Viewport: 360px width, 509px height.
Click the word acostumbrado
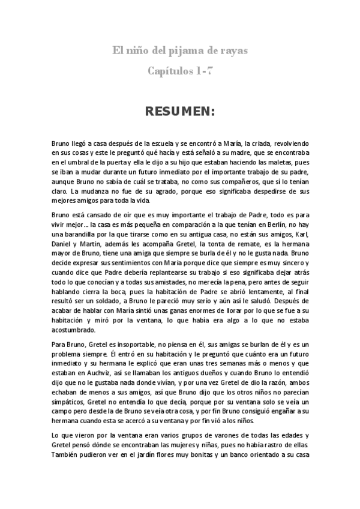point(74,330)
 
